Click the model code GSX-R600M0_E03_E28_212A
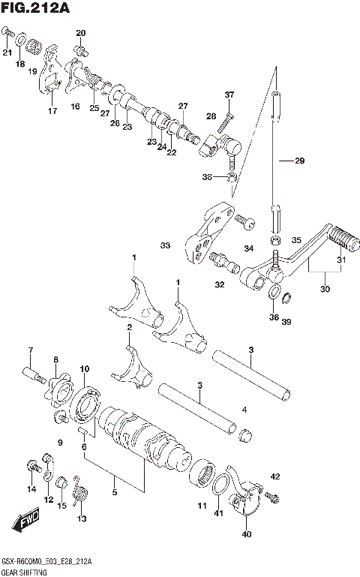pyautogui.click(x=52, y=560)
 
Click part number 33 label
pyautogui.click(x=165, y=245)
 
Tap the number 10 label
pyautogui.click(x=84, y=368)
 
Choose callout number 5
pyautogui.click(x=114, y=493)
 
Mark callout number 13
pyautogui.click(x=81, y=518)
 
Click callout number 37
pyautogui.click(x=229, y=95)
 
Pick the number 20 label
pyautogui.click(x=81, y=32)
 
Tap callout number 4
pyautogui.click(x=244, y=409)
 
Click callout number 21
pyautogui.click(x=7, y=53)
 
